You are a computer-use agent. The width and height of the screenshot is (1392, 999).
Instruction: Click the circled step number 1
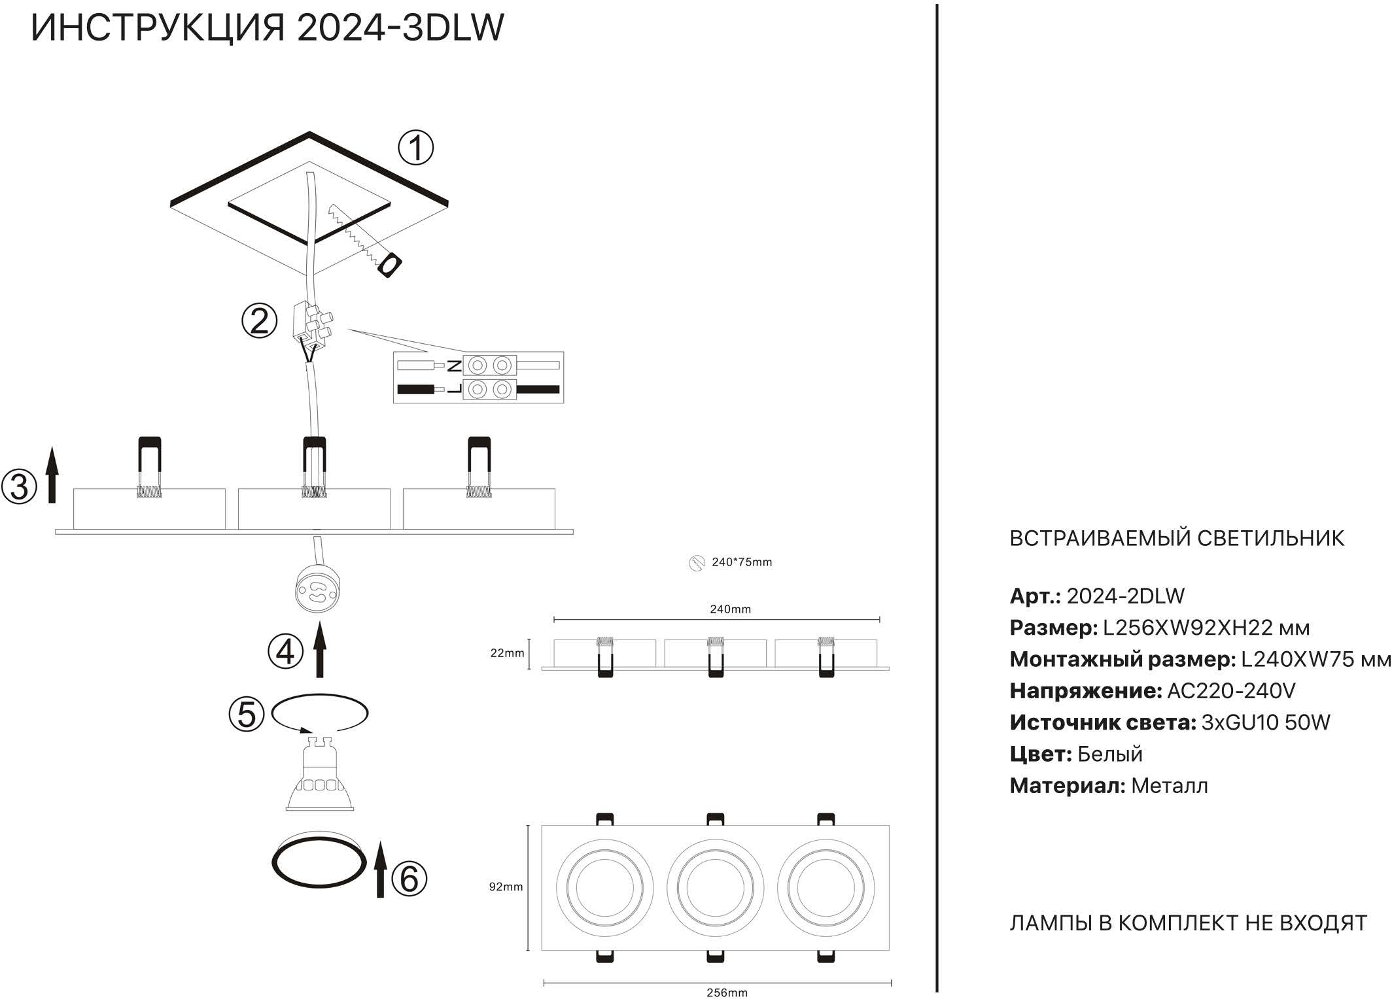click(x=416, y=148)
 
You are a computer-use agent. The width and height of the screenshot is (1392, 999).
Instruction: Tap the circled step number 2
click(x=260, y=322)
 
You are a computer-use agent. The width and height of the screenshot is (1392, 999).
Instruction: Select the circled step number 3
click(x=19, y=487)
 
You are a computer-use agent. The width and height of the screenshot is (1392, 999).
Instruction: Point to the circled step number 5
click(x=247, y=714)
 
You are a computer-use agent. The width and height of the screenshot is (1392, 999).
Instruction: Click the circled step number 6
click(x=409, y=879)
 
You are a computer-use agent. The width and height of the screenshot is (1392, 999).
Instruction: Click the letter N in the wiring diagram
click(x=454, y=365)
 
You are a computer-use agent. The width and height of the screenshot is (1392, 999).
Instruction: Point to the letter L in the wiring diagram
click(x=454, y=390)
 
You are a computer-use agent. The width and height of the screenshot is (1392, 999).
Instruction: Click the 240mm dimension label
click(x=730, y=609)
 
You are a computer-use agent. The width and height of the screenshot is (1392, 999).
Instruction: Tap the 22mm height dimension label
click(x=507, y=653)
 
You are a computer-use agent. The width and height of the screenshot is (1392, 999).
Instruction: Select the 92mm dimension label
click(x=506, y=887)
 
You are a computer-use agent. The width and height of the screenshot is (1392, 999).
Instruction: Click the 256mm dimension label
click(x=727, y=992)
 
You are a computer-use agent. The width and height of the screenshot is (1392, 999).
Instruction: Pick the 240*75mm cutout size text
click(x=741, y=562)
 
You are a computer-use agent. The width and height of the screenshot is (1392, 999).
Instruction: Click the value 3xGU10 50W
click(x=1266, y=722)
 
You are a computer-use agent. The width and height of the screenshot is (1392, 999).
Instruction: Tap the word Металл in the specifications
click(x=1169, y=786)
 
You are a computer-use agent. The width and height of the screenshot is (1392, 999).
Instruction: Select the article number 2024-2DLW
click(x=1125, y=596)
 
